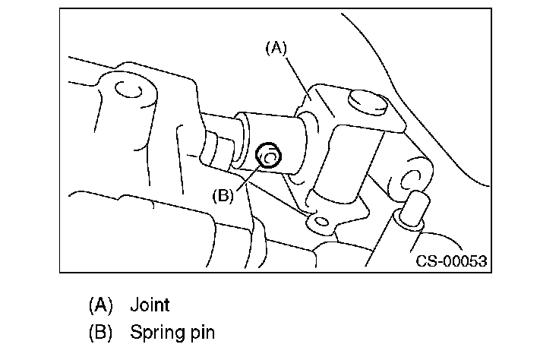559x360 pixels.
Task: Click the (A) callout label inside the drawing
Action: pyautogui.click(x=276, y=48)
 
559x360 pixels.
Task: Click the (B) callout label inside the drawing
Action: pyautogui.click(x=223, y=196)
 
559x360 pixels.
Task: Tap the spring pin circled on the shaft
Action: pyautogui.click(x=268, y=156)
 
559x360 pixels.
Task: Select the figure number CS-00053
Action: pyautogui.click(x=451, y=261)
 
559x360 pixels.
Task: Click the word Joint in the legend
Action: pyautogui.click(x=150, y=305)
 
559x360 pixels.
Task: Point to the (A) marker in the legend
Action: pyautogui.click(x=100, y=305)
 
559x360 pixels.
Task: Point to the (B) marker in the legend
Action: pyautogui.click(x=100, y=332)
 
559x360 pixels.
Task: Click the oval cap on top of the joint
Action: pyautogui.click(x=367, y=103)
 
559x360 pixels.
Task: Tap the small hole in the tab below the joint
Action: pyautogui.click(x=322, y=222)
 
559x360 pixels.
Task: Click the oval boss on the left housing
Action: pyautogui.click(x=128, y=89)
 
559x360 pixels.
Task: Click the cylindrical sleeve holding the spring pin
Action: pyautogui.click(x=275, y=144)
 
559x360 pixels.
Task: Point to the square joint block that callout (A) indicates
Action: pyautogui.click(x=351, y=143)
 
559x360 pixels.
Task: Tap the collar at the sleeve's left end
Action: pyautogui.click(x=242, y=141)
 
